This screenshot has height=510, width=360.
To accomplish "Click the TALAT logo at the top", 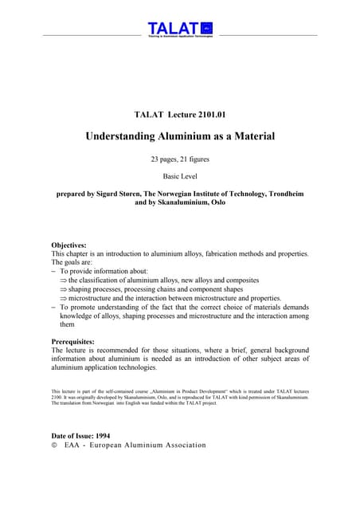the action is [179, 29].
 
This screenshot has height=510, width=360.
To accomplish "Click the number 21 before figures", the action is [192, 159].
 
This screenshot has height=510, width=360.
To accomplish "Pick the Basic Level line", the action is [179, 176].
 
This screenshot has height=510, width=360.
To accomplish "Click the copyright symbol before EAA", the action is [53, 445].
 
